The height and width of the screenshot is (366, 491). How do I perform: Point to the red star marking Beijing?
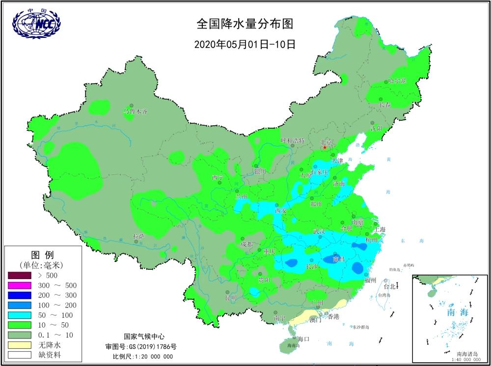(325, 147)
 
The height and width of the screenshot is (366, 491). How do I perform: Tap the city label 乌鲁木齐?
(135, 112)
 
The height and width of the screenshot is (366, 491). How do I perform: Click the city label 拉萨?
(139, 236)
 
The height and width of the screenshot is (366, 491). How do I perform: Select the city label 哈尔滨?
(397, 81)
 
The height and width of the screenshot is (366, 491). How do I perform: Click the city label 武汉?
(320, 231)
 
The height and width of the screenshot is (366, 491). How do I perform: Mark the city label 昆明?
(230, 298)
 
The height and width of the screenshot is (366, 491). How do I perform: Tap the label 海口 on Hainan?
(304, 339)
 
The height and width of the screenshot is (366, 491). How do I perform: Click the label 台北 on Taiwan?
(390, 286)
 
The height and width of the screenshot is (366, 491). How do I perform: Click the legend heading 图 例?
(42, 254)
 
